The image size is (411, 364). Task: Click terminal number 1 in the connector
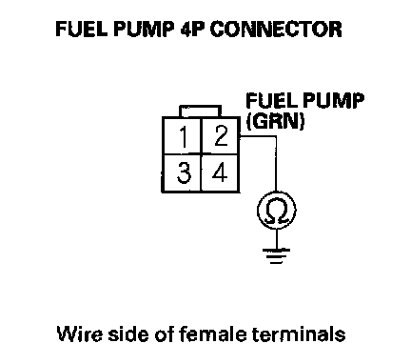coord(183,137)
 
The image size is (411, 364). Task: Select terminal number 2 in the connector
coord(221,136)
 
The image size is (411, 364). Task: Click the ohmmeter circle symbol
coord(277,210)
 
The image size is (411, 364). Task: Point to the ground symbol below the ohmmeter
coord(277,256)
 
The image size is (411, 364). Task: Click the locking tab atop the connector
coord(200,111)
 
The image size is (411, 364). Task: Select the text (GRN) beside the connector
coord(275,121)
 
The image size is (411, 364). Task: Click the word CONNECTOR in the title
coord(276,30)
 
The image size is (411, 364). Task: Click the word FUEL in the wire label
coord(271,101)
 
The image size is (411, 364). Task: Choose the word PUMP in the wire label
coord(332,101)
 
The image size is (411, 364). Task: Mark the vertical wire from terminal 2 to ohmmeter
coord(276,164)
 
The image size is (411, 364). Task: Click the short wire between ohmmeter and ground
coord(277,239)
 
